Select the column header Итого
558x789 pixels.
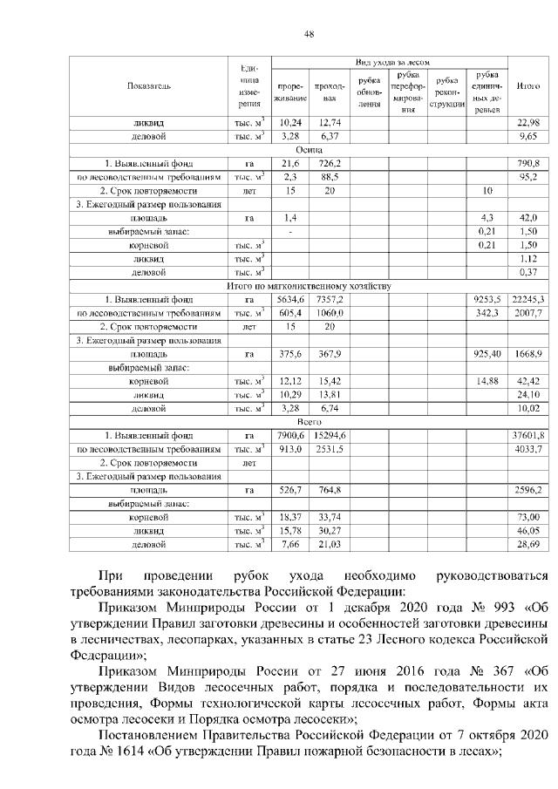528,86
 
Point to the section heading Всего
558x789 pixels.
310,421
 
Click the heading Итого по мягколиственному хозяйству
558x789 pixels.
310,285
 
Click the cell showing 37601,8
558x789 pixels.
528,435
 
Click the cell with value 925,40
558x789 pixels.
484,353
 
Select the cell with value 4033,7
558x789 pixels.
529,449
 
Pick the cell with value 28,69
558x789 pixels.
529,544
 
